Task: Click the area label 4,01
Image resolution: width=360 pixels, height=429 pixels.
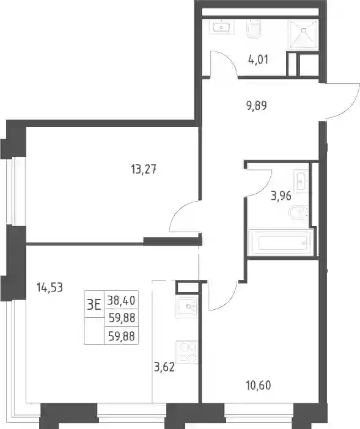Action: (258, 60)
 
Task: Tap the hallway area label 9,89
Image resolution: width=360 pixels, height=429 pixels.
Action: (257, 106)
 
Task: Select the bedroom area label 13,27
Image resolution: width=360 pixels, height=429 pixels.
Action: (144, 170)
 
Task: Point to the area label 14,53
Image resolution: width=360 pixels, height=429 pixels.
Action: (50, 288)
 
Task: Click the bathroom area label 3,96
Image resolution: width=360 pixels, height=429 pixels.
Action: (281, 196)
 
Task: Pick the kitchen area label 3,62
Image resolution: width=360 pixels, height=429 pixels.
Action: (164, 367)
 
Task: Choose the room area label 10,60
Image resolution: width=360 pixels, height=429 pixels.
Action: (259, 386)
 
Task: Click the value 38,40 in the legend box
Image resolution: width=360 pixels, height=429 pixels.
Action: (121, 301)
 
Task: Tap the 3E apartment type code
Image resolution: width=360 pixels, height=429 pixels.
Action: (94, 304)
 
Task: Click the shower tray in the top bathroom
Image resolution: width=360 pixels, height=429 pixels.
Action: (303, 35)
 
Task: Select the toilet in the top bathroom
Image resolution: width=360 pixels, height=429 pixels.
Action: (254, 29)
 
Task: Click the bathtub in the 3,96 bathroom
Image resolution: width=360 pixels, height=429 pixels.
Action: (282, 243)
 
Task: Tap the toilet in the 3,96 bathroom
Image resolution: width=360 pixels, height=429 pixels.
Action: (299, 213)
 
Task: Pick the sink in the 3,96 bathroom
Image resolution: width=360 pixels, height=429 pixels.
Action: (301, 181)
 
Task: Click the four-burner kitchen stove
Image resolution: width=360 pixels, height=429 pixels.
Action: (187, 352)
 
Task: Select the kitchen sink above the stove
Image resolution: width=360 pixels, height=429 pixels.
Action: (187, 306)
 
